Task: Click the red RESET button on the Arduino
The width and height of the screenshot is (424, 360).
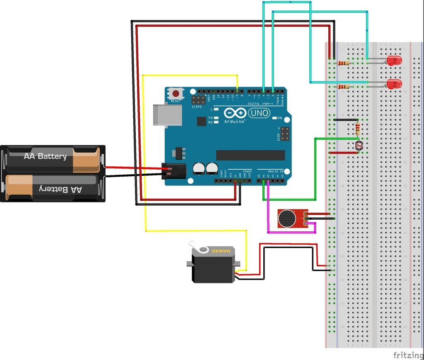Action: point(176,94)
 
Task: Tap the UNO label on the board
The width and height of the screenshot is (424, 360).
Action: point(259,113)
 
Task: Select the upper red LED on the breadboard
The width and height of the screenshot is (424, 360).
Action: point(394,61)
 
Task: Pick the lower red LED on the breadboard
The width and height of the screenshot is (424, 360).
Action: point(394,84)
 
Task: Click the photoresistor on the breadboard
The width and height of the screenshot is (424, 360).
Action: point(358,145)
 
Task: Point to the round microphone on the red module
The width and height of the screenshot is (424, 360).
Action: point(286,218)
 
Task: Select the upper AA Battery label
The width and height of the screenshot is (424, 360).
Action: point(45,156)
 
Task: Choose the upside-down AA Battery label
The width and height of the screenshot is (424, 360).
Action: point(60,189)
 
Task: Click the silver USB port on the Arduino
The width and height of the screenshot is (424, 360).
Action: point(167,115)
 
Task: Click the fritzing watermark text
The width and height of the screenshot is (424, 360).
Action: point(407,355)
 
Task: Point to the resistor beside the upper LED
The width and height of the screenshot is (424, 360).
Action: point(343,63)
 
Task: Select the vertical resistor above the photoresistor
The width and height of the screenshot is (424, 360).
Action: point(358,129)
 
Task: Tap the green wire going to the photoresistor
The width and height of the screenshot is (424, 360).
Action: point(316,166)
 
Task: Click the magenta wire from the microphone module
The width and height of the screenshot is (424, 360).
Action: point(290,233)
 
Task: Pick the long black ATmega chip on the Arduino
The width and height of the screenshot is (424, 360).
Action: point(251,155)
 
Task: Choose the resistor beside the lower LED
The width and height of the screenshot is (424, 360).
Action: point(343,86)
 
